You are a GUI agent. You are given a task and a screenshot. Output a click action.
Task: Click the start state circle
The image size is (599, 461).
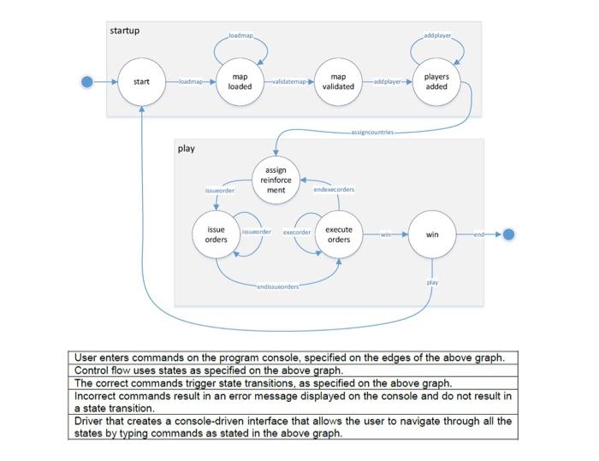[141, 82]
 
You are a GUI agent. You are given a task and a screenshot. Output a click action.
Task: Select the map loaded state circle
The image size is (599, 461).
[240, 82]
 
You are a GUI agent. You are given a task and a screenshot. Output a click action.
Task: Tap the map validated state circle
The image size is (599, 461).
[338, 82]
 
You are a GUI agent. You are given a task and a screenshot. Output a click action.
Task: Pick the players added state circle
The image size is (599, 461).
[436, 82]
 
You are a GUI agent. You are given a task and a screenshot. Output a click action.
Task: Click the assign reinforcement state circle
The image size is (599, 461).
[276, 180]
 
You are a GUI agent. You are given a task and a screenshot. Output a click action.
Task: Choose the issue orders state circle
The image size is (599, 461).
[216, 234]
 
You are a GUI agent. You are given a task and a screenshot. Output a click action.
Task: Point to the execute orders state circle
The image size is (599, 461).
[339, 234]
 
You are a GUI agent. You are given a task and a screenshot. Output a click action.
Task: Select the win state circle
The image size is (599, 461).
[432, 234]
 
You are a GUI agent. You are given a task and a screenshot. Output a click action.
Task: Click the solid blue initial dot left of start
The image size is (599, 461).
[86, 82]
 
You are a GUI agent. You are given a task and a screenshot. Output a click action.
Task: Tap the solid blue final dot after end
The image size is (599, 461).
[507, 234]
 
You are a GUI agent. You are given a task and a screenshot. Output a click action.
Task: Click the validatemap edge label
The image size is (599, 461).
[289, 82]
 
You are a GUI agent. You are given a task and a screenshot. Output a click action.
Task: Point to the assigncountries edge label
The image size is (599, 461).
[372, 133]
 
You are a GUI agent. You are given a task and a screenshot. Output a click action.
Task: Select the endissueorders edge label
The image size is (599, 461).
[278, 287]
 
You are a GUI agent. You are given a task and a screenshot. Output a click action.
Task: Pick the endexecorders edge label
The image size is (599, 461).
[334, 189]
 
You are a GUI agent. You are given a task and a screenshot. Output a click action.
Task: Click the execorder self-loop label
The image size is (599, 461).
[297, 232]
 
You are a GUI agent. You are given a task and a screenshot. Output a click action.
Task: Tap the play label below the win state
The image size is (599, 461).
[432, 281]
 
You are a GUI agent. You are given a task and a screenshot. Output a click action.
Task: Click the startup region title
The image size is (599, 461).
[125, 31]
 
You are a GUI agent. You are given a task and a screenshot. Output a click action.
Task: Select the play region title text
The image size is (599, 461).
[187, 149]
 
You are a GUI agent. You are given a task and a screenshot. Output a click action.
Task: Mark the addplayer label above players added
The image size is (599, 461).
[437, 36]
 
